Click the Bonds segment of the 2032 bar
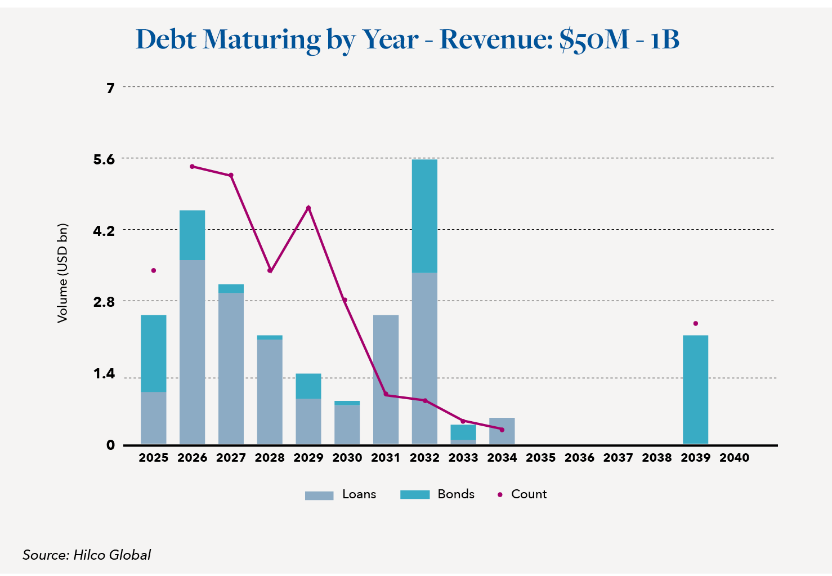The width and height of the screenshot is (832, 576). coord(424,216)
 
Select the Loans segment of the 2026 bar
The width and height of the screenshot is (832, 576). coord(192,352)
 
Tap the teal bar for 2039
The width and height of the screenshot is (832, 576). coord(695,390)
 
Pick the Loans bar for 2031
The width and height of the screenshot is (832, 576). coord(386,379)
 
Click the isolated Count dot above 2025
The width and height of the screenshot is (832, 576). coord(154,271)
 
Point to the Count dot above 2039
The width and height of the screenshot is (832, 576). coord(696,324)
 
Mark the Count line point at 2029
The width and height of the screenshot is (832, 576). coord(308,208)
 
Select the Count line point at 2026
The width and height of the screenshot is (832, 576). coord(192,167)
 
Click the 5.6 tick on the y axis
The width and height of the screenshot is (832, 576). coord(104,159)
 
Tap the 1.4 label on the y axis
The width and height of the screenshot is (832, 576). coord(104,374)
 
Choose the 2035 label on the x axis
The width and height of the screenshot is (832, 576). coord(540,458)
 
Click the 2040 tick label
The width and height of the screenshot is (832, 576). coord(734,458)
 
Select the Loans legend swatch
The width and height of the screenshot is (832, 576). coord(319,495)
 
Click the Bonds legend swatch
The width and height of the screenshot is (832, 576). coord(415,494)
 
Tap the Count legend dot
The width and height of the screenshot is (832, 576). coord(500,495)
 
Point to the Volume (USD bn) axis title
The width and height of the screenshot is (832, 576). coord(62,274)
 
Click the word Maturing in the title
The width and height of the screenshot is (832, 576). coord(262,39)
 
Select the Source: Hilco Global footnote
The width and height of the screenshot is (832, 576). coord(87,555)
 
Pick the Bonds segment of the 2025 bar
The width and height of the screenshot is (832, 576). coord(154,353)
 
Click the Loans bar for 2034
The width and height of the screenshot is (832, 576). coord(502,431)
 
